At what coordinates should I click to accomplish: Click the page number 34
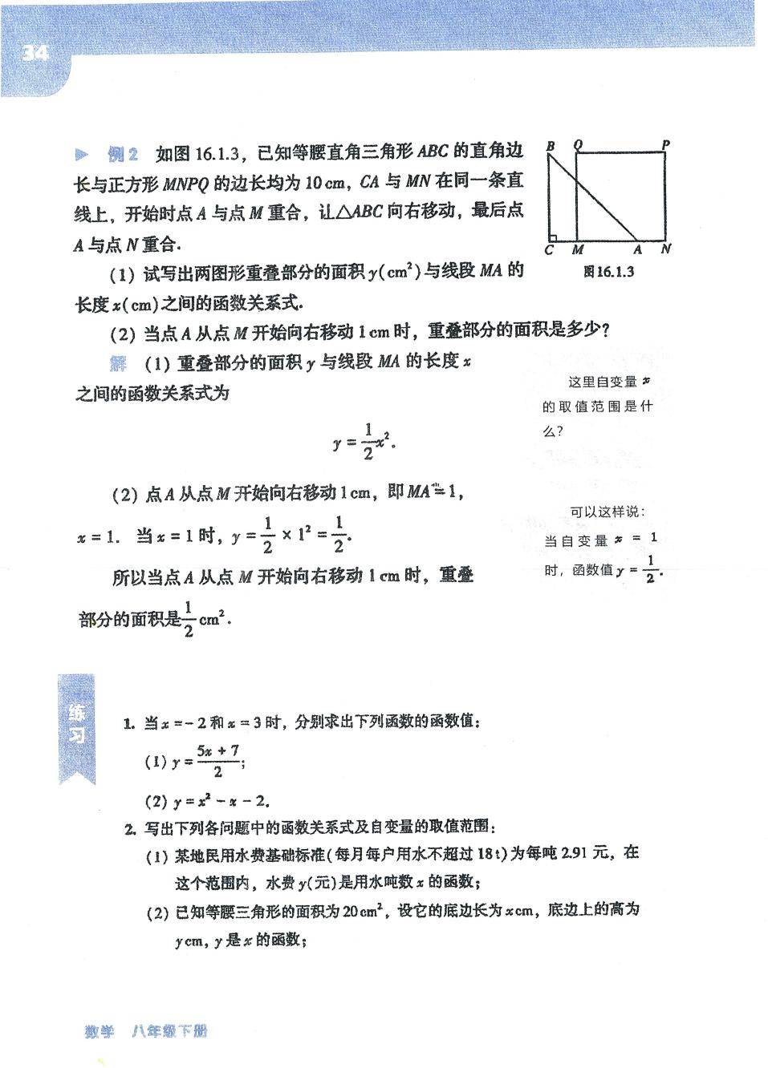[x=35, y=53]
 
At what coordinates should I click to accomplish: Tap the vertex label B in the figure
[x=551, y=146]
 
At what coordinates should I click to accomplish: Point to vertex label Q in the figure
[x=578, y=145]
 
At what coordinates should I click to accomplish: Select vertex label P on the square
[x=665, y=145]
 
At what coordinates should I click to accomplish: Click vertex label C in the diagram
[x=549, y=250]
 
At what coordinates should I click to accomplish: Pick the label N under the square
[x=665, y=249]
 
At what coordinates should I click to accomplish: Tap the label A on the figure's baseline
[x=637, y=250]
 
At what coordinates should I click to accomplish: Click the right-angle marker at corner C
[x=552, y=237]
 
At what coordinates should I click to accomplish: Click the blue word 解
[x=119, y=363]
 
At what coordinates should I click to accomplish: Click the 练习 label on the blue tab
[x=77, y=724]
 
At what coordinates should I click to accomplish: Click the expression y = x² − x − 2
[x=221, y=800]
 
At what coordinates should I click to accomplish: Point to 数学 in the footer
[x=100, y=1032]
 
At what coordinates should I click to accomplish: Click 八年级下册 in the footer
[x=169, y=1032]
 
